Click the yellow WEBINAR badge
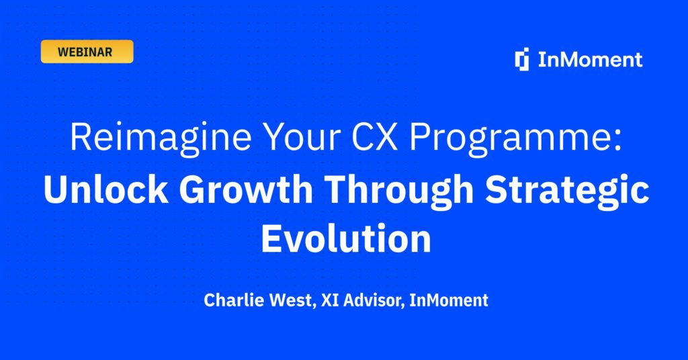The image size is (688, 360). click(x=87, y=52)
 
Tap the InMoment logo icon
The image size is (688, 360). click(x=522, y=60)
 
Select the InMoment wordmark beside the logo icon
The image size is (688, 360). click(x=590, y=60)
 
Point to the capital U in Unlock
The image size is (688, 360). click(x=55, y=191)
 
